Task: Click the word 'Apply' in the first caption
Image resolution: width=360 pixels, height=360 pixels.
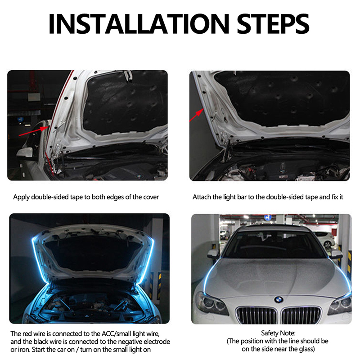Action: click(x=21, y=197)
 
